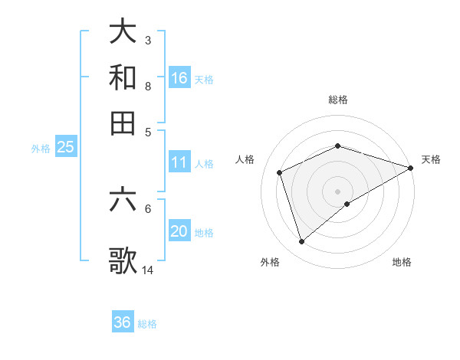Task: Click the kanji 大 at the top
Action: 123,31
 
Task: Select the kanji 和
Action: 123,77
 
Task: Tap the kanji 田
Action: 123,123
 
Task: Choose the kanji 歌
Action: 123,260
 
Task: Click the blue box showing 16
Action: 179,78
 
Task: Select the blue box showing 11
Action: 179,162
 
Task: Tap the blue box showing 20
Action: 179,231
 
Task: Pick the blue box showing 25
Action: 65,147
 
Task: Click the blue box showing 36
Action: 123,322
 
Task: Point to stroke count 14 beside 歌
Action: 148,270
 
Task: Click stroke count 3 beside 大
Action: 147,40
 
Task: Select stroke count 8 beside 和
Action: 147,86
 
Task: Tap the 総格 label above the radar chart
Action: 338,100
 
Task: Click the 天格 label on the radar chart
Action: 431,159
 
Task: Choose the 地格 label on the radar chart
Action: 402,262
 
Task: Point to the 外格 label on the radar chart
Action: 270,262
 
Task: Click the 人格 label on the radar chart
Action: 245,159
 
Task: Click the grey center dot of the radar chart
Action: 338,191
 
